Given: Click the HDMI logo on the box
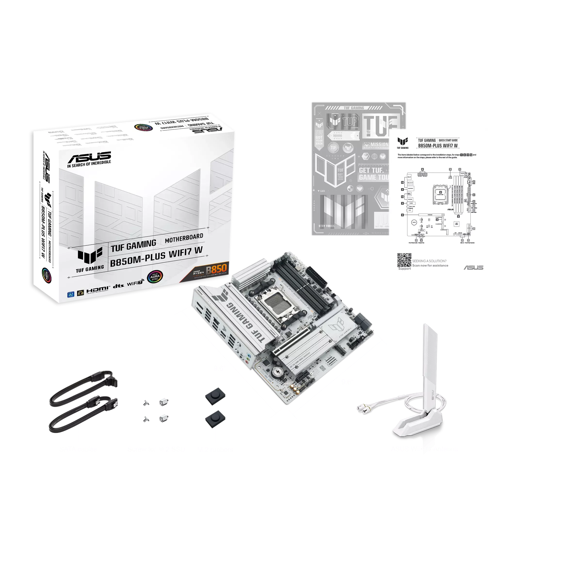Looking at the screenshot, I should [x=97, y=290].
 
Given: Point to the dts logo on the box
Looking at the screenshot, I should [x=118, y=286].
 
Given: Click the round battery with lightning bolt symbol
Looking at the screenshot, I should [x=276, y=372].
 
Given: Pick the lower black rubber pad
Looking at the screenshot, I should [x=215, y=418].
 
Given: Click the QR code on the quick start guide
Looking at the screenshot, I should [x=404, y=260].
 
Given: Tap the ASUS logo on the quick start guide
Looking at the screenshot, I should [x=473, y=267].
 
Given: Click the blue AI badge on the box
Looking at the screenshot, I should [x=71, y=294].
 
